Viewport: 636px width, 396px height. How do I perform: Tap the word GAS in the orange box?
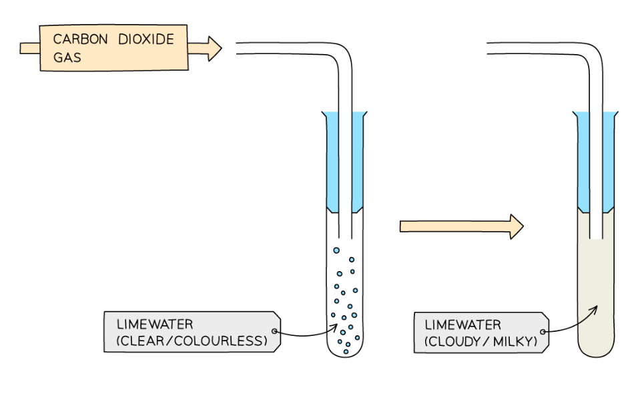(67, 57)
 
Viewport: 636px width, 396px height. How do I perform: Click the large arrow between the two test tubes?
(460, 226)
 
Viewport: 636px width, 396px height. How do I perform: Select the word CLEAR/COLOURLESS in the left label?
(192, 342)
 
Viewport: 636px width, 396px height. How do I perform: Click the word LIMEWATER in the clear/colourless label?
(155, 325)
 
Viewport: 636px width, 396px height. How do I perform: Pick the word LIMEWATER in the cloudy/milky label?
(462, 325)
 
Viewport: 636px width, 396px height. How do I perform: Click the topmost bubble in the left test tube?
(336, 250)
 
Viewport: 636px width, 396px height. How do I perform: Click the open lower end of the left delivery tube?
(345, 236)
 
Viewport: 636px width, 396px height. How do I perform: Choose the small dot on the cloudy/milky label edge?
(544, 331)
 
